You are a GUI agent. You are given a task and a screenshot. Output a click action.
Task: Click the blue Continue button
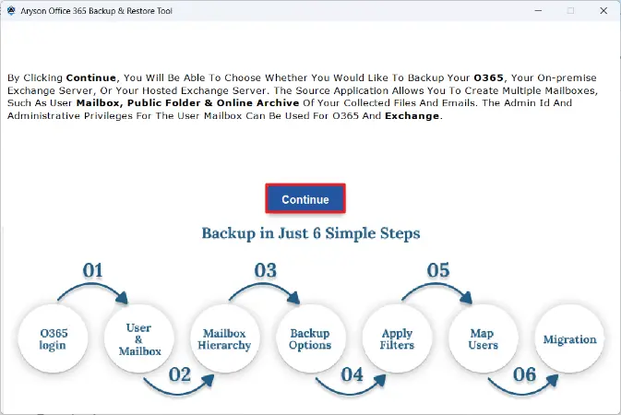[305, 199]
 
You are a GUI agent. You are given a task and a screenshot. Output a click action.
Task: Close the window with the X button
[603, 11]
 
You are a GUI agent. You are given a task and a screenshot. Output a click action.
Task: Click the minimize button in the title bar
[538, 11]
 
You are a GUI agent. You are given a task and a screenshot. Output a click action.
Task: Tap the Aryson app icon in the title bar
[11, 11]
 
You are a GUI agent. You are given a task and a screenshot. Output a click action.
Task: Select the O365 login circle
[54, 338]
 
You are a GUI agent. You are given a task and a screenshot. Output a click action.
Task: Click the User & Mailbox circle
[139, 338]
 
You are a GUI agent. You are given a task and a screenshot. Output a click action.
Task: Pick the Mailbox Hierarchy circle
[225, 338]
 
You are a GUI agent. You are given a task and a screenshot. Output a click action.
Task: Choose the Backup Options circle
[310, 338]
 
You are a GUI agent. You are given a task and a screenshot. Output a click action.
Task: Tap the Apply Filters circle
[397, 338]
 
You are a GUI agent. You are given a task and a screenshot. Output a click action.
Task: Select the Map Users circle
[484, 338]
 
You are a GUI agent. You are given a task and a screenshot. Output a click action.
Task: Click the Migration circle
[569, 338]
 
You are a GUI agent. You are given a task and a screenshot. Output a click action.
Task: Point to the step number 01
[92, 270]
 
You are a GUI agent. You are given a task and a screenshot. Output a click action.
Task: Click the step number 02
[180, 374]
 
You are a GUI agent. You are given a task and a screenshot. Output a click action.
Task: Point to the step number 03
[266, 270]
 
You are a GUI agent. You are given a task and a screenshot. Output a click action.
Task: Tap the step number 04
[352, 374]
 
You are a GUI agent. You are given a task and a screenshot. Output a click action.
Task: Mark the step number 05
[438, 270]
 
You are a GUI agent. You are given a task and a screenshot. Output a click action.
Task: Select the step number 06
[525, 374]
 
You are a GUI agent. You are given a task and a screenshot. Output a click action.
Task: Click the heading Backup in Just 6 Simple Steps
[311, 233]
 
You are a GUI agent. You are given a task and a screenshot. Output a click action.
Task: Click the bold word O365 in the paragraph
[488, 77]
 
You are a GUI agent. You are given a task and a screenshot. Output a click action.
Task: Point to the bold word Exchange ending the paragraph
[412, 116]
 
